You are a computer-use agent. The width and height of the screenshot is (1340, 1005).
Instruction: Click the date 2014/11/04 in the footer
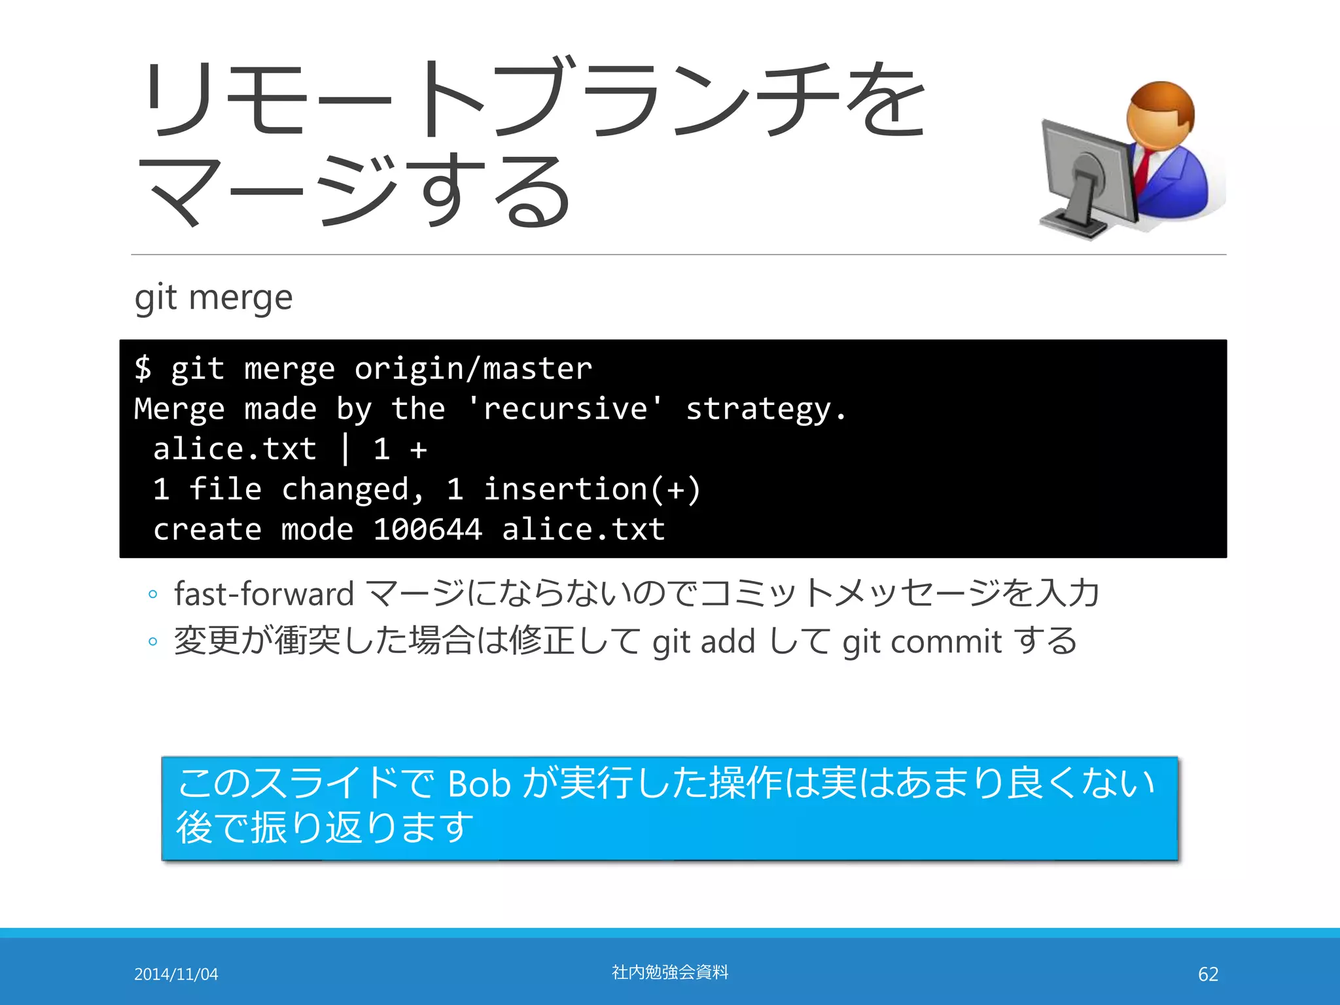coord(176,974)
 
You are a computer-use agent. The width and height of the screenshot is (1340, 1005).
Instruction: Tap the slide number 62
coord(1208,974)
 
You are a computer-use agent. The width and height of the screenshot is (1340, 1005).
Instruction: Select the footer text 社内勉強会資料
coord(670,972)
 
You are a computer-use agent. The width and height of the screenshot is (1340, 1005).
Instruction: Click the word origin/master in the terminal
coord(473,369)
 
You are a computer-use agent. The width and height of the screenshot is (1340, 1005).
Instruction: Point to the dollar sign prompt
coord(143,368)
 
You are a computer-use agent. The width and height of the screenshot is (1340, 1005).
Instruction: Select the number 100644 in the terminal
coord(427,529)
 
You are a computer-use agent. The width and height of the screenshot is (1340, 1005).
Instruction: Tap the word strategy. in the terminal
coord(766,410)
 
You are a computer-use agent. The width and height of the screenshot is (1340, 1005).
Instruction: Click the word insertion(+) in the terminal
coord(591,489)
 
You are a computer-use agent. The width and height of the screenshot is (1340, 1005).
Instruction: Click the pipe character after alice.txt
coord(345,450)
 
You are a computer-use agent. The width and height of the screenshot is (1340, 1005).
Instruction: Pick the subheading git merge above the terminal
coord(213,298)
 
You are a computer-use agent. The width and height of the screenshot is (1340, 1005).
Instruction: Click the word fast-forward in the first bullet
coord(264,594)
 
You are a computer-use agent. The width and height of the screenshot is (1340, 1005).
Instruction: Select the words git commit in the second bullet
coord(921,642)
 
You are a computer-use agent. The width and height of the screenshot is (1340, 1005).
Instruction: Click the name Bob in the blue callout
coord(478,783)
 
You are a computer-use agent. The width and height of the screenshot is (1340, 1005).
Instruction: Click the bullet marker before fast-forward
coord(152,594)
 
